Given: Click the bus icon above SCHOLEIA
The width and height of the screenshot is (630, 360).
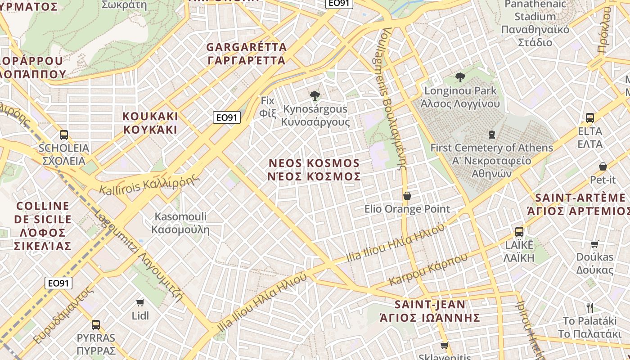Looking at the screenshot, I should (x=64, y=135).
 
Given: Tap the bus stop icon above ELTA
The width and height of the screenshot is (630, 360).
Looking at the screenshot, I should (x=590, y=118).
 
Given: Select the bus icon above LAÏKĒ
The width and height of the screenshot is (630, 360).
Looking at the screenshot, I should (x=519, y=232).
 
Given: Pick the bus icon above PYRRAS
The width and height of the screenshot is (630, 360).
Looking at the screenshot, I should (x=95, y=324).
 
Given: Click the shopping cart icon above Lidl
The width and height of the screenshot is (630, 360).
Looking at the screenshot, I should (x=140, y=302).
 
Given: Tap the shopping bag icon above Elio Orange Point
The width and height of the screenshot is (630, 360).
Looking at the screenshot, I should (x=407, y=196).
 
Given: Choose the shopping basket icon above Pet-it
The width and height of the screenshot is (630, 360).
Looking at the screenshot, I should (x=603, y=167).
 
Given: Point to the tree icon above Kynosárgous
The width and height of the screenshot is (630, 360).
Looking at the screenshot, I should (x=315, y=95).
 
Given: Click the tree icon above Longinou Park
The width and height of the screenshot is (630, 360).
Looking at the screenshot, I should (x=460, y=77).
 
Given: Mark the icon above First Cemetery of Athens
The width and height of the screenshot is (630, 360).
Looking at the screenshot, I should (x=491, y=134).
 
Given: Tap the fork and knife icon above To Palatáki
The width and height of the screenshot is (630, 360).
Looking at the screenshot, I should (x=590, y=308).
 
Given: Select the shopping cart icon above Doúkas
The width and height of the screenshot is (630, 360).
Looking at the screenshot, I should (x=595, y=244).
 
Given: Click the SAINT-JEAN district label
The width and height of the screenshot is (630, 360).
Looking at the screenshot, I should (x=430, y=305).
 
